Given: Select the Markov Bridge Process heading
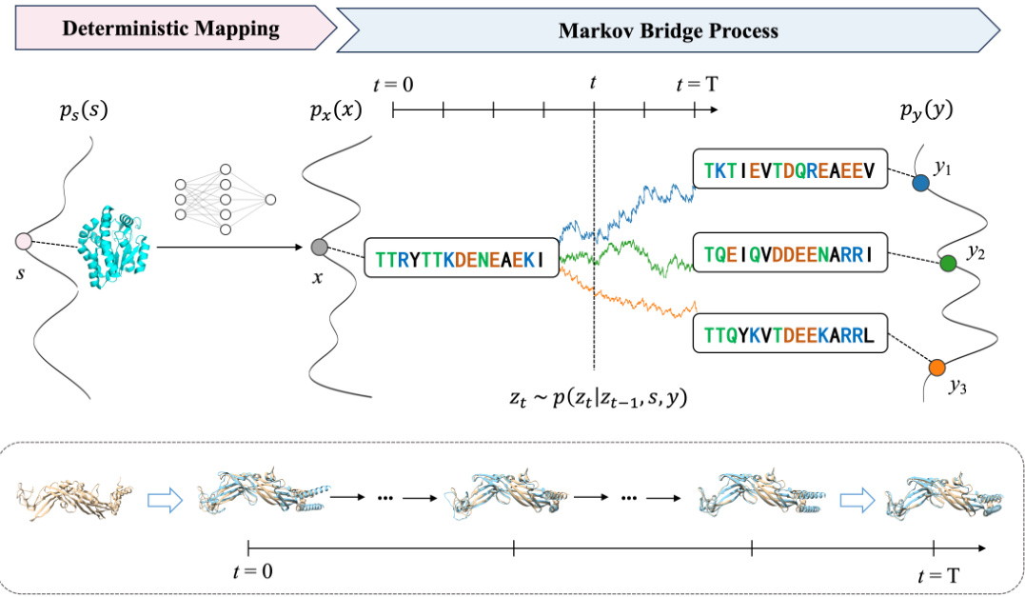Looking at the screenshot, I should pos(667,30).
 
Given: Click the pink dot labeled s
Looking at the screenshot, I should pos(24,243).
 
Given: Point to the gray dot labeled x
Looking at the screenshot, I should pos(320,248).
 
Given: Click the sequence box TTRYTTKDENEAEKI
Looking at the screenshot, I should pos(461,258).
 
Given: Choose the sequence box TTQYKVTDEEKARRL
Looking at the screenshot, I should pos(789,334).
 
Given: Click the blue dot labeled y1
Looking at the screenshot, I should pos(920,183).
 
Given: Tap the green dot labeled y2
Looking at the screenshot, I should pos(947,264).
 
